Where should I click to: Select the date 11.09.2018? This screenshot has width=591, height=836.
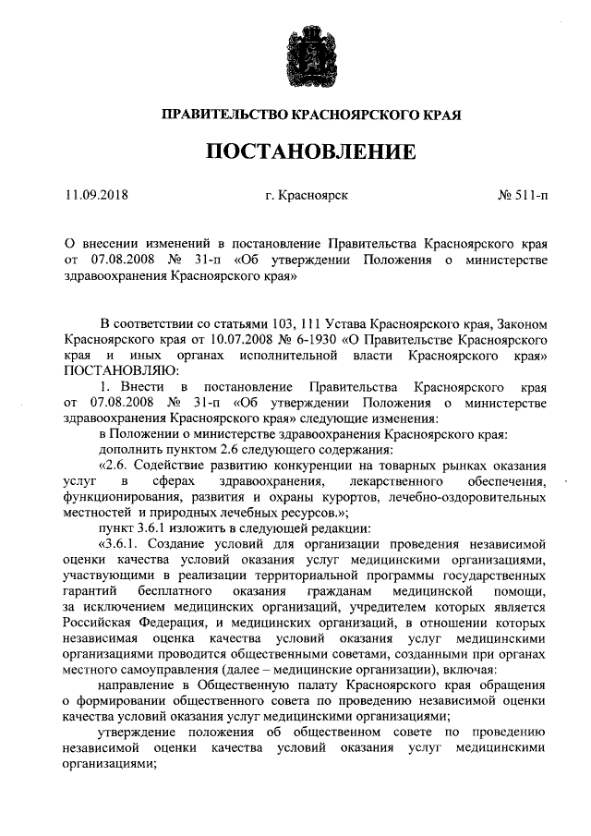96,196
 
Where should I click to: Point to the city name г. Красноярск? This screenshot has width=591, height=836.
306,196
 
